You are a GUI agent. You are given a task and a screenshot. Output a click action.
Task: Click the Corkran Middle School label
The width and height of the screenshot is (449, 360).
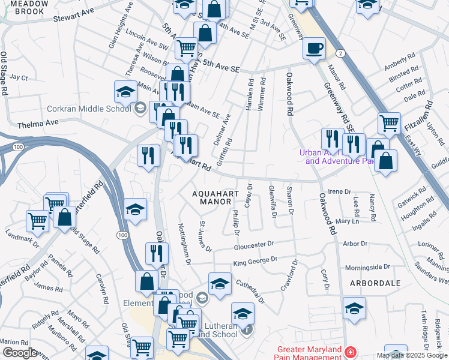tap(89, 109)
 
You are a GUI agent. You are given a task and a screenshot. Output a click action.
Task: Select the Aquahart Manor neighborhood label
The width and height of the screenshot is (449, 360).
tap(212, 197)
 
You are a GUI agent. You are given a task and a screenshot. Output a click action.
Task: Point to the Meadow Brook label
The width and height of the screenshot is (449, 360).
tap(25, 7)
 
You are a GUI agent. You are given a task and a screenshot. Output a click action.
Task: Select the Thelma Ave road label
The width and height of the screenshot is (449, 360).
tap(38, 122)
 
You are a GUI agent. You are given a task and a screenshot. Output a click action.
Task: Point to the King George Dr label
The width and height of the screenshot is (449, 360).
tap(256, 261)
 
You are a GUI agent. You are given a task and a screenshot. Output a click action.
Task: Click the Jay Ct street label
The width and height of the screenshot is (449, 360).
tap(19, 77)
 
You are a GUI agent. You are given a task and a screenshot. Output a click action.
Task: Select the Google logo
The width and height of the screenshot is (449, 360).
tap(19, 353)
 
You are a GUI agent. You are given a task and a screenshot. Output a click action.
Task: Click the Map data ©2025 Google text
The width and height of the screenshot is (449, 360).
tap(412, 355)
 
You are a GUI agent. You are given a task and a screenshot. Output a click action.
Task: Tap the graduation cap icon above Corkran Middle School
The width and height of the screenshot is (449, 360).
tap(125, 92)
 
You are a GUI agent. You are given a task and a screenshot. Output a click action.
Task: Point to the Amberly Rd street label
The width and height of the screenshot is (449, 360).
tap(400, 64)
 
